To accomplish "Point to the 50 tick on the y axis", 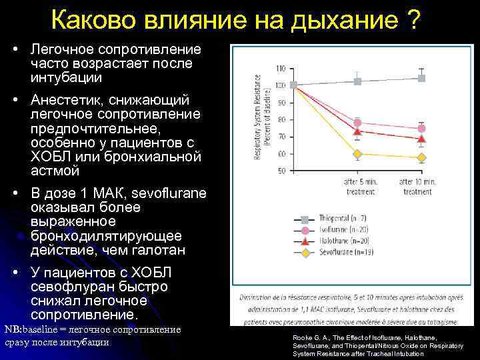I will [281, 171].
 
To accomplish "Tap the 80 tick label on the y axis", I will [281, 120].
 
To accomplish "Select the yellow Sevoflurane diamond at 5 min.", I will [357, 154].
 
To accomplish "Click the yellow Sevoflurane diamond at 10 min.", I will [421, 158].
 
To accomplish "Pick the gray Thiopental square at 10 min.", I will [421, 78].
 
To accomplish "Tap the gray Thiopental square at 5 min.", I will [357, 81].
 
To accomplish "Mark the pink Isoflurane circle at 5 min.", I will [357, 123].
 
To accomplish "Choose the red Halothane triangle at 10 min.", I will [421, 139].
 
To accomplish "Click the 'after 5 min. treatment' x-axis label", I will [361, 186].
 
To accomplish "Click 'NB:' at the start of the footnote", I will [13, 329].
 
